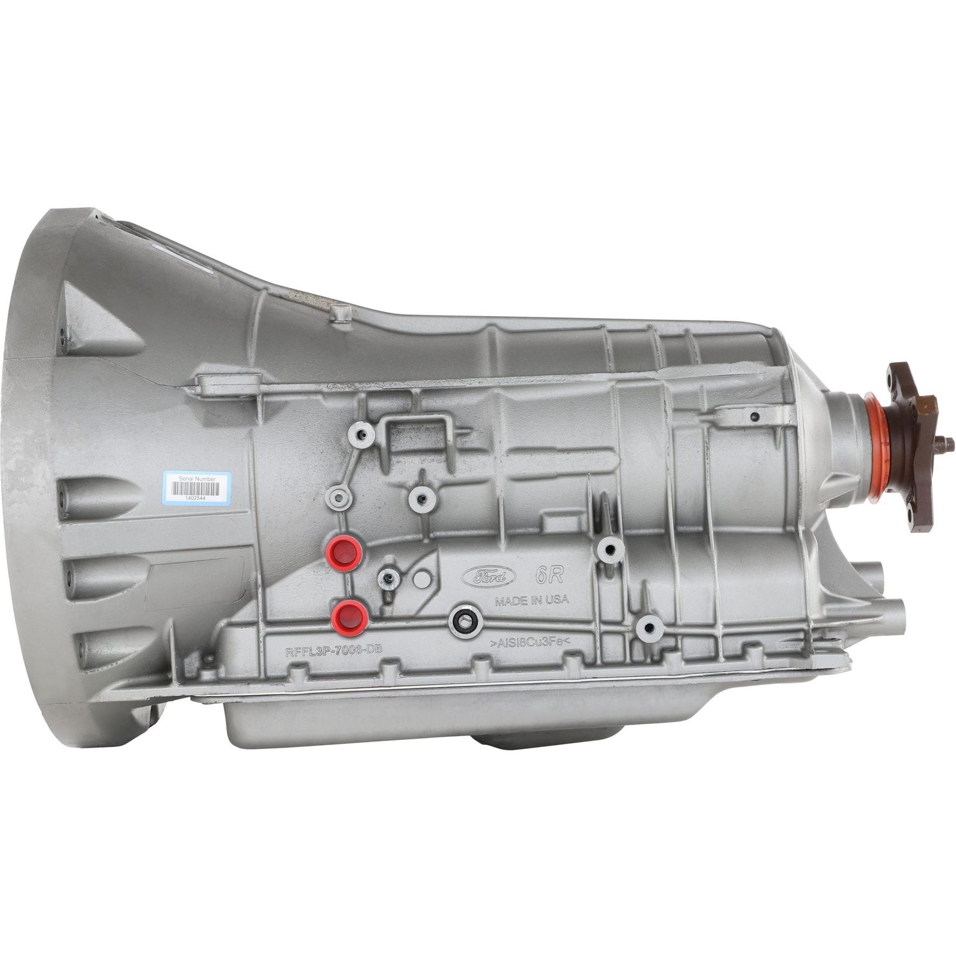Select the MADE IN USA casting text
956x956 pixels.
532,601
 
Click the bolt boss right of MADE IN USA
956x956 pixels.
609,549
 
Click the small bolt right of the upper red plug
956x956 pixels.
387,577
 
